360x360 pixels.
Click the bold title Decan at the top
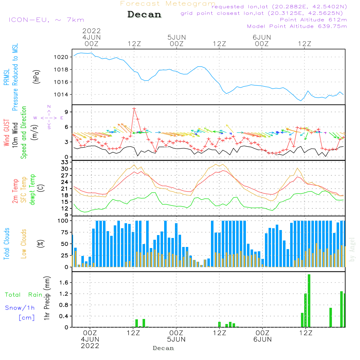click(144, 15)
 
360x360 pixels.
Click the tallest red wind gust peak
click(134, 108)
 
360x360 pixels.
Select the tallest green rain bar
click(309, 301)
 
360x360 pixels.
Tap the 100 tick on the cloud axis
click(63, 221)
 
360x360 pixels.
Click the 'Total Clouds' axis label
click(6, 244)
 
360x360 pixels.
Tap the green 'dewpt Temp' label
click(32, 190)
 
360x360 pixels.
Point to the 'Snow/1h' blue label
click(20, 308)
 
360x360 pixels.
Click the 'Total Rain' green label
click(24, 294)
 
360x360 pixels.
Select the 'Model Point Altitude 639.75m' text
click(297, 26)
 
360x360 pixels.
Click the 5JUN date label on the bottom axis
click(176, 339)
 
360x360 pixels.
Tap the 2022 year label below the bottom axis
click(90, 346)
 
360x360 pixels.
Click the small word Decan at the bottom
click(163, 348)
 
